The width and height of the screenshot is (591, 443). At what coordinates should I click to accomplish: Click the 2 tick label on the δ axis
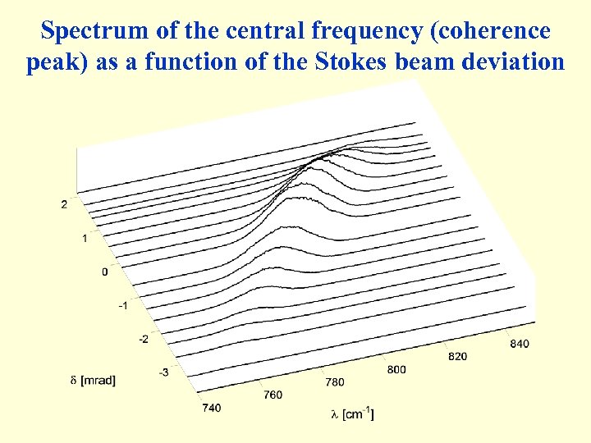[x=65, y=204]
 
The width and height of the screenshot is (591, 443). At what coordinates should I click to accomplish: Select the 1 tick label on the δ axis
[x=85, y=238]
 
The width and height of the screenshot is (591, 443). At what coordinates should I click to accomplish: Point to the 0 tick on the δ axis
[x=104, y=272]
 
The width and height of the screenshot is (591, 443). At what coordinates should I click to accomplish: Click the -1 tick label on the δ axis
[x=122, y=305]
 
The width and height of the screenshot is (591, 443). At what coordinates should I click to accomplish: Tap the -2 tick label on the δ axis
[x=143, y=339]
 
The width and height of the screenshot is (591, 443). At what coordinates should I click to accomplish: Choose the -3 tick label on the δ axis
[x=163, y=372]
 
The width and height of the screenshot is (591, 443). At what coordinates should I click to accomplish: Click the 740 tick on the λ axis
[x=211, y=408]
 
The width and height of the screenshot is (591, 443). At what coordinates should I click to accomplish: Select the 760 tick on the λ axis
[x=273, y=395]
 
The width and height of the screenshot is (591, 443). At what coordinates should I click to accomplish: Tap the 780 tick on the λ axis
[x=335, y=381]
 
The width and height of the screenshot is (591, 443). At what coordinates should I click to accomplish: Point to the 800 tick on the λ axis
[x=396, y=369]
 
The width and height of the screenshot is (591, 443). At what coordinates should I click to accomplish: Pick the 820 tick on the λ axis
[x=458, y=356]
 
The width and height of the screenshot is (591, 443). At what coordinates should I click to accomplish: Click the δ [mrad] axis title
[x=92, y=380]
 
